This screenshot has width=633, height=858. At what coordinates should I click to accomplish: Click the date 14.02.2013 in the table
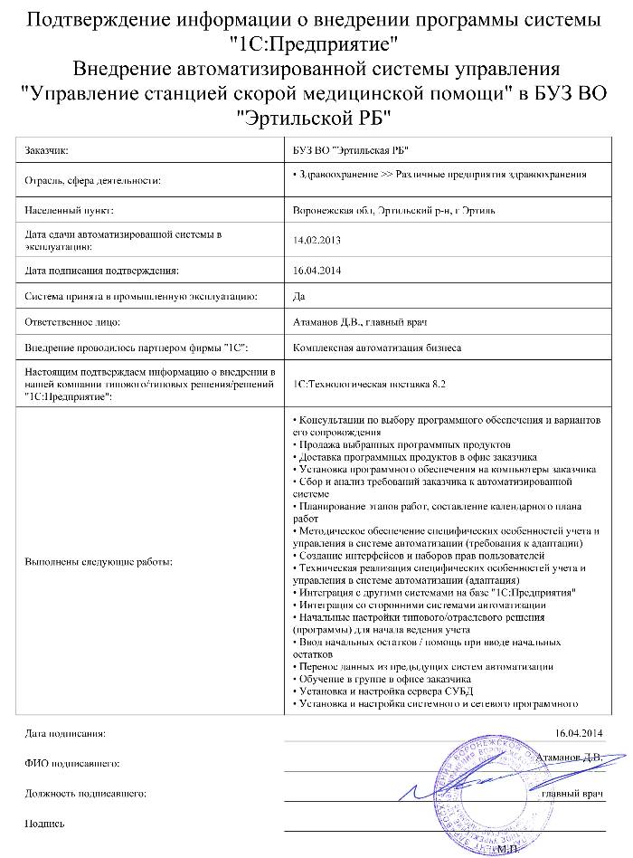[x=312, y=240]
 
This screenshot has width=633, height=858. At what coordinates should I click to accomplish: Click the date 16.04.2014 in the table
[x=312, y=270]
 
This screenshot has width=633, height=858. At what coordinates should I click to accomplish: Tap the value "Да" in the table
[x=300, y=296]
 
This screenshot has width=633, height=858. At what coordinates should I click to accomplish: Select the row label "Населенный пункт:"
[x=69, y=210]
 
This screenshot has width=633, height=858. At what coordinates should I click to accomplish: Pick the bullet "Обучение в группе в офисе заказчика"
[x=383, y=679]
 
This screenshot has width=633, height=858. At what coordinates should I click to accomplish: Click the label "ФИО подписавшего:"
[x=73, y=763]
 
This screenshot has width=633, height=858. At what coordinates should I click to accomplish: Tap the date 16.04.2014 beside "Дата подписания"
[x=579, y=732]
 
